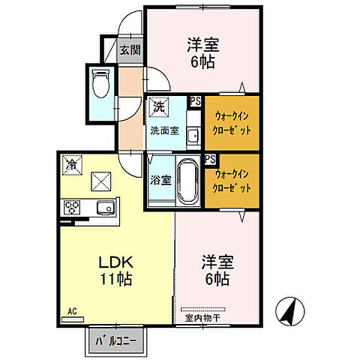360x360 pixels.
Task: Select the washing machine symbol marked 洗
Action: (158, 106)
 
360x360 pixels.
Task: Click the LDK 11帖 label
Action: (116, 270)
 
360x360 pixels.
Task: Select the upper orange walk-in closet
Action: (232, 122)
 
